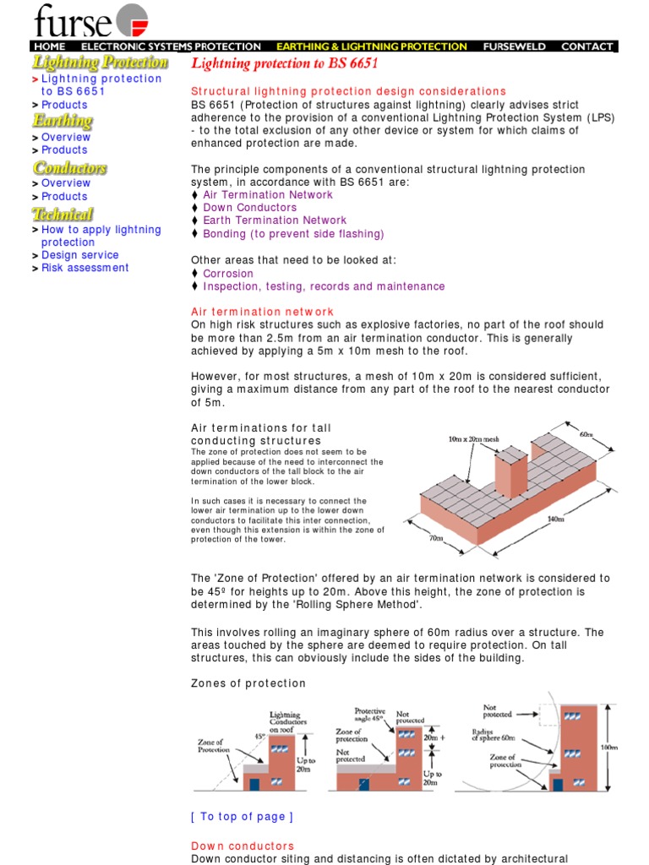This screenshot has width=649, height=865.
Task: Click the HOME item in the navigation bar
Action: pos(49,46)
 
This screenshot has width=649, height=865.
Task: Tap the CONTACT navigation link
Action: pos(586,46)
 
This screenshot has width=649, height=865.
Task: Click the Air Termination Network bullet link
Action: pos(268,195)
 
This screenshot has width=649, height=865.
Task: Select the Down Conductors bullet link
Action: pos(249,208)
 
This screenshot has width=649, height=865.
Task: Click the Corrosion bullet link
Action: pos(228,274)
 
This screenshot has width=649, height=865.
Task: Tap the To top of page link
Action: pos(242,816)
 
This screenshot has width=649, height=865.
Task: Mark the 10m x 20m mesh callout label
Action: pos(474,440)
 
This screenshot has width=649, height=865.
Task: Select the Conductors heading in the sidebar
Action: pos(70,168)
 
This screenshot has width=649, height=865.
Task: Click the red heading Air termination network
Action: pos(262,312)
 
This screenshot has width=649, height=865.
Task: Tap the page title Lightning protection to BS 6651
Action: pos(285,64)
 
